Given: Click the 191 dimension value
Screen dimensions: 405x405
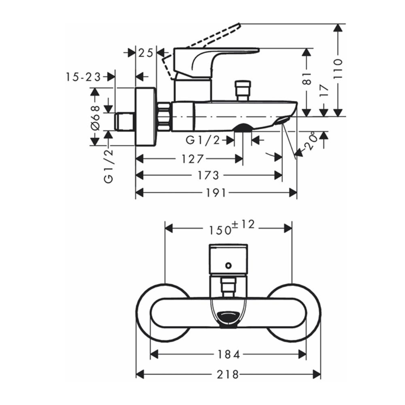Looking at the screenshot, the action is pyautogui.click(x=216, y=193).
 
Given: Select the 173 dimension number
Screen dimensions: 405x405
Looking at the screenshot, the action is pyautogui.click(x=208, y=176).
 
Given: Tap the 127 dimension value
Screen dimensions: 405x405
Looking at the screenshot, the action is pyautogui.click(x=193, y=159).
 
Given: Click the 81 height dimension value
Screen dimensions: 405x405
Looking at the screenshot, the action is pyautogui.click(x=307, y=79).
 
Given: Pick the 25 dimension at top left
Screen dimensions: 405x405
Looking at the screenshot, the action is pyautogui.click(x=146, y=53).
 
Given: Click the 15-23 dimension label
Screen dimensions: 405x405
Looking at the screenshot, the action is pyautogui.click(x=83, y=77).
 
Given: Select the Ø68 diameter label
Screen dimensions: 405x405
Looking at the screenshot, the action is pyautogui.click(x=95, y=118).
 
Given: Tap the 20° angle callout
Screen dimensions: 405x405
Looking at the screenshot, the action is pyautogui.click(x=310, y=141).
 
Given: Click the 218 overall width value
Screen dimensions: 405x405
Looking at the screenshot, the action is pyautogui.click(x=228, y=374).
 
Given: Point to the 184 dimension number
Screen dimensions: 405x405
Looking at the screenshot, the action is pyautogui.click(x=228, y=354).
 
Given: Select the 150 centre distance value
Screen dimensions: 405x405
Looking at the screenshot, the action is pyautogui.click(x=220, y=230).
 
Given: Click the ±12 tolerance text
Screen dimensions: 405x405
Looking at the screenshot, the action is pyautogui.click(x=243, y=224).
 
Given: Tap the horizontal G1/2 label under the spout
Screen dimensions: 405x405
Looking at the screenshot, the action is pyautogui.click(x=203, y=140).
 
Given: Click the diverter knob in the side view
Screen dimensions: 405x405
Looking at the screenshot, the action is pyautogui.click(x=243, y=90).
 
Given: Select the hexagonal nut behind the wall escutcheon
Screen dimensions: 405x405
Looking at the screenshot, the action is pyautogui.click(x=164, y=117).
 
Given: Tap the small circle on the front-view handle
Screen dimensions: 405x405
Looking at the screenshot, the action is pyautogui.click(x=228, y=265).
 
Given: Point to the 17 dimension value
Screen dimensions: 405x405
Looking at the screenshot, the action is pyautogui.click(x=324, y=90).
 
